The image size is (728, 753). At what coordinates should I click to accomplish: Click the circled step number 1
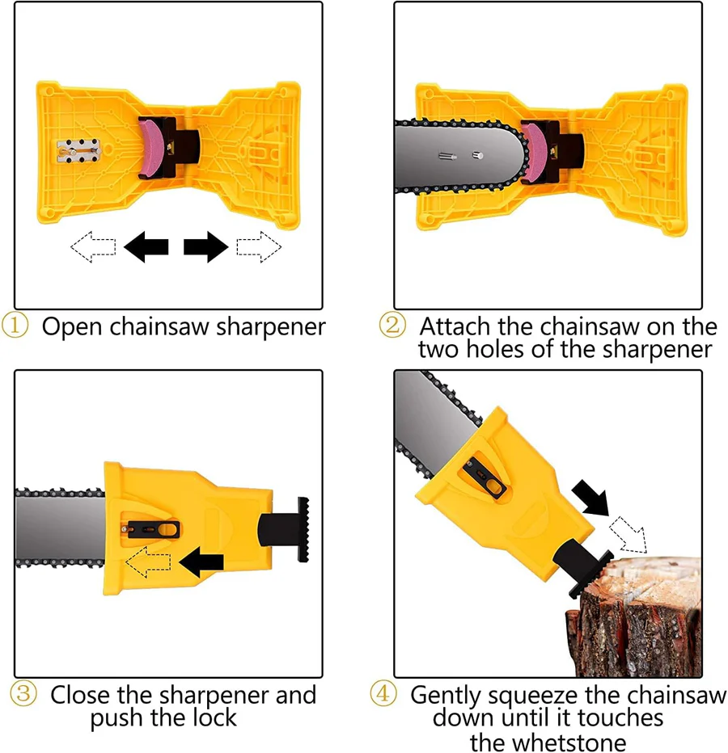pos(15,327)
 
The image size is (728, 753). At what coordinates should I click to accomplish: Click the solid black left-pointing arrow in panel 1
pos(146,246)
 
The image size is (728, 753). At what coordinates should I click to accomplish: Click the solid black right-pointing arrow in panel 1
pos(206,246)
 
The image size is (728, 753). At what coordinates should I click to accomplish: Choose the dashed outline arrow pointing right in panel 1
pos(259,246)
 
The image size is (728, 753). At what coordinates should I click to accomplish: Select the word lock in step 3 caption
pos(214,717)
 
